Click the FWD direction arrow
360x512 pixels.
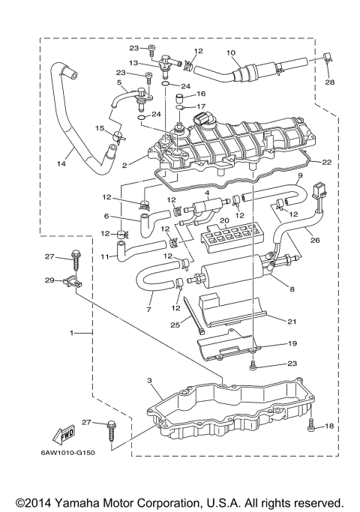point(64,435)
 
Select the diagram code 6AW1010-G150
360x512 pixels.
point(67,453)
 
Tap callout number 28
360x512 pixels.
point(330,82)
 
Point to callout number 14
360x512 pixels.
point(61,163)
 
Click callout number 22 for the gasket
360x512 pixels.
point(327,162)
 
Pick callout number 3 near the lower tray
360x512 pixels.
point(149,380)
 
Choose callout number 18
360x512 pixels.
point(329,426)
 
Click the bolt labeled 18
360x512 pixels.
point(311,424)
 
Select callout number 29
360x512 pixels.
point(49,280)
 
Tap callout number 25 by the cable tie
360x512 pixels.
point(175,325)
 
